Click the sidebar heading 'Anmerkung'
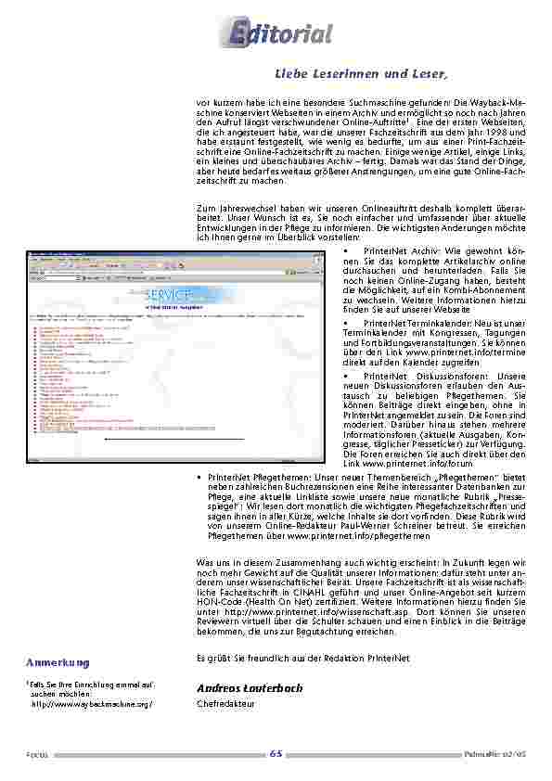(x=58, y=662)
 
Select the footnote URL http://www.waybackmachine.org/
(x=92, y=704)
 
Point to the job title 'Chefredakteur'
(x=223, y=704)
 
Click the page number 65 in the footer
(x=276, y=752)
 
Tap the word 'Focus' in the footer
(x=37, y=753)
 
